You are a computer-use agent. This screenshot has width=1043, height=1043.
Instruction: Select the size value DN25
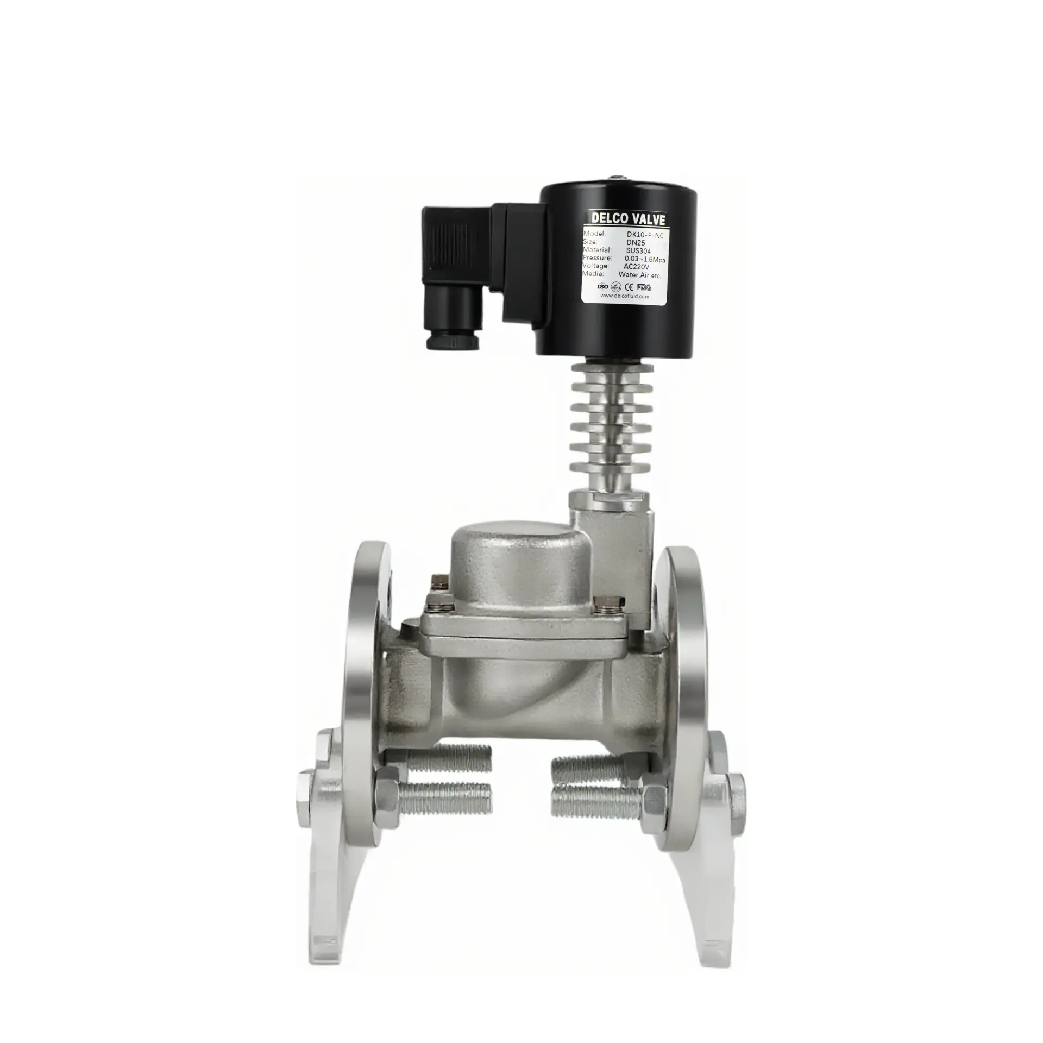635,242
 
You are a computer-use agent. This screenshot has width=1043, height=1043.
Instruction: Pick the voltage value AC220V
636,267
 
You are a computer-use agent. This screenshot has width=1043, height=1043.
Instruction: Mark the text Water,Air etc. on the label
639,275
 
